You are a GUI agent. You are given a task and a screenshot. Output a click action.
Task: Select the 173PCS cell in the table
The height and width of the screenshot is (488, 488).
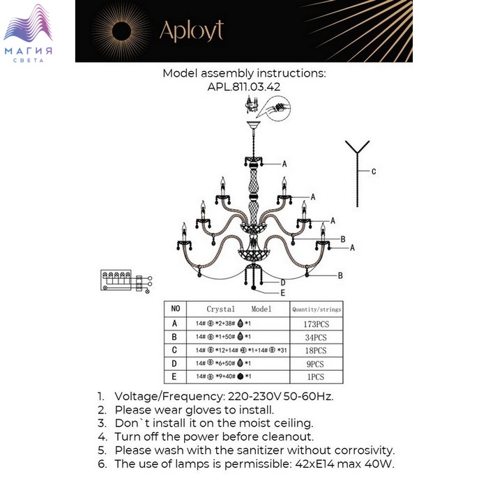coord(315,323)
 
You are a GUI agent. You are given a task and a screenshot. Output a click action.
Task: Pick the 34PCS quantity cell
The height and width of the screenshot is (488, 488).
coord(315,337)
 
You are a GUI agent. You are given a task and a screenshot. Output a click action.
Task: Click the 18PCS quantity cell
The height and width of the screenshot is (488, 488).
coord(315,351)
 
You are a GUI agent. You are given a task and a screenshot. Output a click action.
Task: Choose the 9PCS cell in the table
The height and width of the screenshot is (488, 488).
coord(315,364)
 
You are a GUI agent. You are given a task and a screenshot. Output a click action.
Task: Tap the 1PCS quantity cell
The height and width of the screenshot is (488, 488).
coord(315,377)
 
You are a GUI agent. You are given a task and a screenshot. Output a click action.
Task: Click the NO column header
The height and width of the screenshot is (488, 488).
coord(175,308)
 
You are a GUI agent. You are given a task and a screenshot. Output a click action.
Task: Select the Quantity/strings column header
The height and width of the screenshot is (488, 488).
coord(316,309)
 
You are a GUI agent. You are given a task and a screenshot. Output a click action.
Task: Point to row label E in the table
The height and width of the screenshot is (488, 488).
coord(175,377)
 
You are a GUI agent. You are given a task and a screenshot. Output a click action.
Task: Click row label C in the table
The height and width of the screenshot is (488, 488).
coord(175,351)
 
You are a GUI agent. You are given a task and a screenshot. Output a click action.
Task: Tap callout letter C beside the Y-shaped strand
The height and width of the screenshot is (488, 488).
coord(374,171)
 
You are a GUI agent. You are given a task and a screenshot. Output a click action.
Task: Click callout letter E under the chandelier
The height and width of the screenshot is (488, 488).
coord(282,293)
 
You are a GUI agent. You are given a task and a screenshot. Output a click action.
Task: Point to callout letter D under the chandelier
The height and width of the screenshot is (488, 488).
coord(282,282)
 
